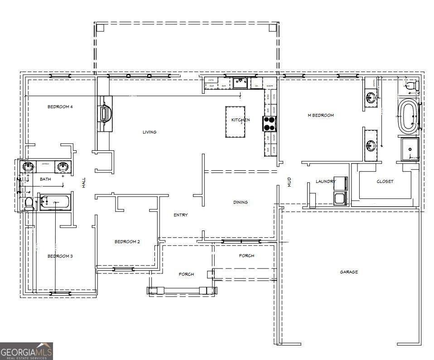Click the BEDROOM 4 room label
(x=60, y=107)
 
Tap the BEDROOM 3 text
(x=60, y=256)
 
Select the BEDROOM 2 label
(x=127, y=242)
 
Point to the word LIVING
(x=149, y=132)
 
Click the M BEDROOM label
(x=321, y=115)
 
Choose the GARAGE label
(x=349, y=272)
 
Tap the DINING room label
(x=240, y=202)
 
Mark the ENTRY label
(x=180, y=215)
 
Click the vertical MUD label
(x=289, y=182)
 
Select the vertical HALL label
(x=83, y=182)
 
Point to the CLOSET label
(x=385, y=182)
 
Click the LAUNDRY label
(x=325, y=182)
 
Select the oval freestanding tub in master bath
(x=408, y=117)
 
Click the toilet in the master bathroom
(x=411, y=85)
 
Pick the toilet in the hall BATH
(x=29, y=204)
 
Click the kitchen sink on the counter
(x=239, y=83)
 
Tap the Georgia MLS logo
(x=26, y=351)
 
